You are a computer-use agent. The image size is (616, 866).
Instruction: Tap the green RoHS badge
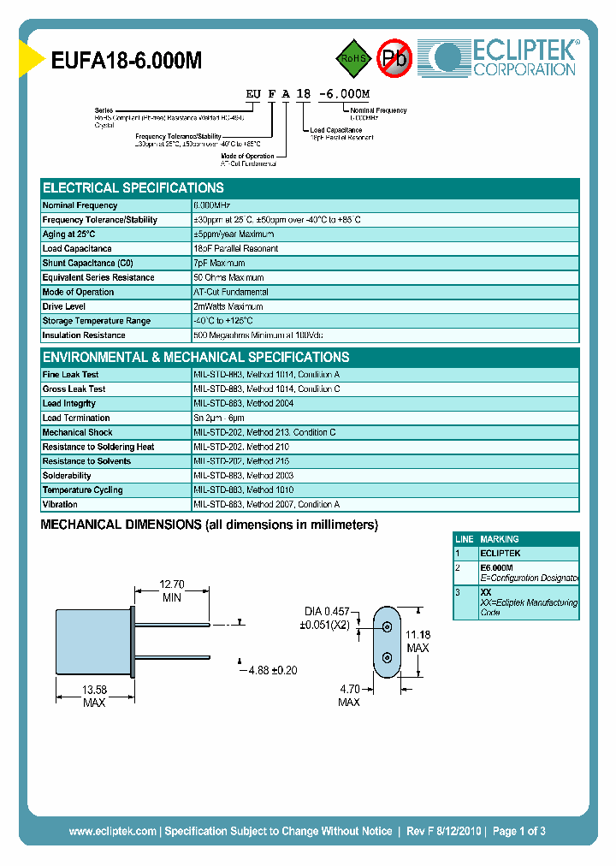pyautogui.click(x=351, y=58)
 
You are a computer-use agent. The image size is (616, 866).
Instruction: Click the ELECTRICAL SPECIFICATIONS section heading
pyautogui.click(x=133, y=187)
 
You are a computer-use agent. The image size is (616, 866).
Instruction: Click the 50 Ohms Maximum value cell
pyautogui.click(x=229, y=278)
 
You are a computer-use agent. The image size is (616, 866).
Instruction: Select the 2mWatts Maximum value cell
pyautogui.click(x=228, y=306)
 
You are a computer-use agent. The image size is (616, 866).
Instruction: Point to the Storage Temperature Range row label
pyautogui.click(x=96, y=321)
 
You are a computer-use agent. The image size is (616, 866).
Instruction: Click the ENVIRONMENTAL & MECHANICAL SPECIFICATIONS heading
pyautogui.click(x=196, y=357)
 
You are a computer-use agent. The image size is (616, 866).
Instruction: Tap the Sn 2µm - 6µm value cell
pyautogui.click(x=224, y=418)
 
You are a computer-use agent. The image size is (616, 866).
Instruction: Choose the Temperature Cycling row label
pyautogui.click(x=82, y=490)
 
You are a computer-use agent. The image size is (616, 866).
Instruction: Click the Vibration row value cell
pyautogui.click(x=267, y=505)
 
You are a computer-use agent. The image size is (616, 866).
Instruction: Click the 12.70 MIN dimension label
pyautogui.click(x=172, y=591)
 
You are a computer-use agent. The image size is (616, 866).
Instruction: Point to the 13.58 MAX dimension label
pyautogui.click(x=94, y=696)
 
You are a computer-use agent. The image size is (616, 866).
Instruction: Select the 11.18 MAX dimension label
pyautogui.click(x=418, y=641)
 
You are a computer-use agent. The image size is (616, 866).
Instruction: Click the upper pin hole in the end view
pyautogui.click(x=388, y=626)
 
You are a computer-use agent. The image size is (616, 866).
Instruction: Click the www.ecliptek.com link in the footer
pyautogui.click(x=112, y=831)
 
